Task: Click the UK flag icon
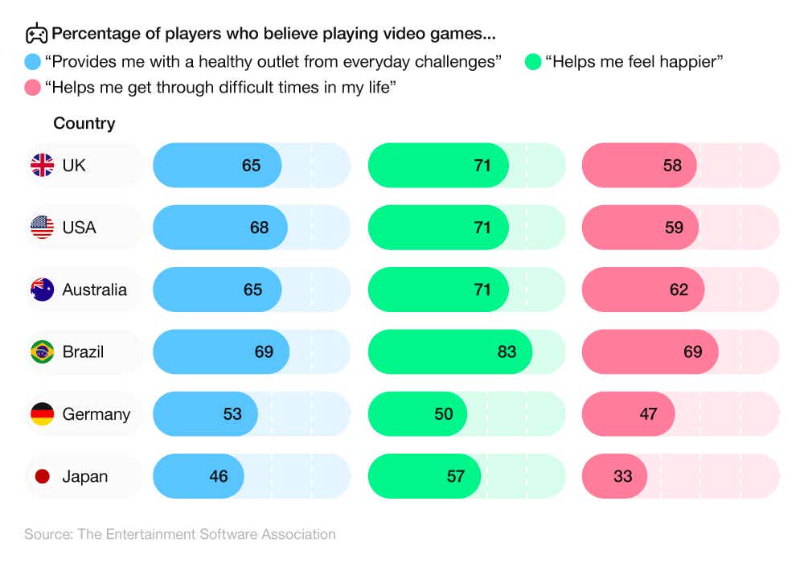point(43,166)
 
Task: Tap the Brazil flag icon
point(43,352)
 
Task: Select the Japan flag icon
point(43,476)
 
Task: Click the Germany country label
point(96,414)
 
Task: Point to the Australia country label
point(94,290)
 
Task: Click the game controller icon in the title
point(36,34)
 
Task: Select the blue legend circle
point(33,62)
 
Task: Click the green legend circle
point(532,62)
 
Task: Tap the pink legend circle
point(33,88)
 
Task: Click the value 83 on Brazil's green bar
point(507,352)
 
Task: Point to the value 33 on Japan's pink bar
point(622,476)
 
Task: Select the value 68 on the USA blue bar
point(259,228)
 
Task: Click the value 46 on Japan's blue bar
point(218,476)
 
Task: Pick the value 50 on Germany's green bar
point(443,414)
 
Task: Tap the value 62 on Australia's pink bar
point(679,290)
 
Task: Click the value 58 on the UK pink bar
point(672,166)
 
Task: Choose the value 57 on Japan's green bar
point(455,476)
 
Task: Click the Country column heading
point(84,124)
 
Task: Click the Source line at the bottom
point(179,534)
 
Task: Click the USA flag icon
point(43,228)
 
